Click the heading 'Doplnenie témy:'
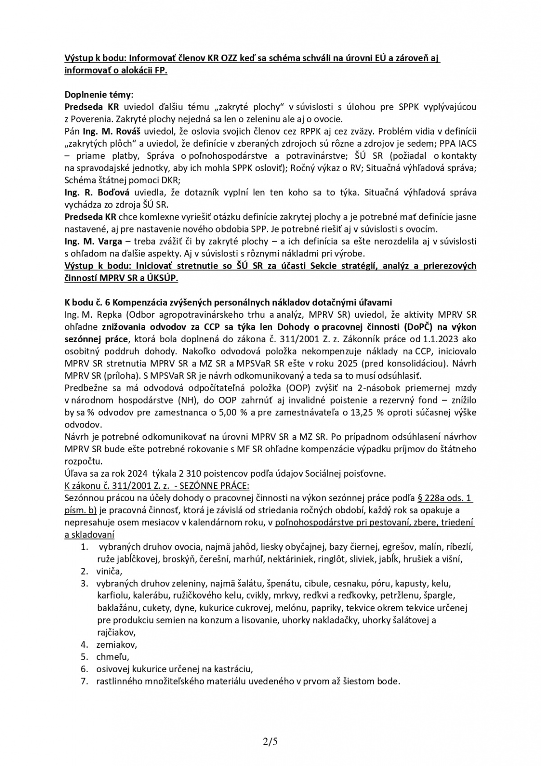(99, 95)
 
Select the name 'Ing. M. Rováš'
(104, 131)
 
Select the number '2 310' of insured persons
(175, 474)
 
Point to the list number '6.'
(84, 669)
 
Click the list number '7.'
(84, 681)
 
